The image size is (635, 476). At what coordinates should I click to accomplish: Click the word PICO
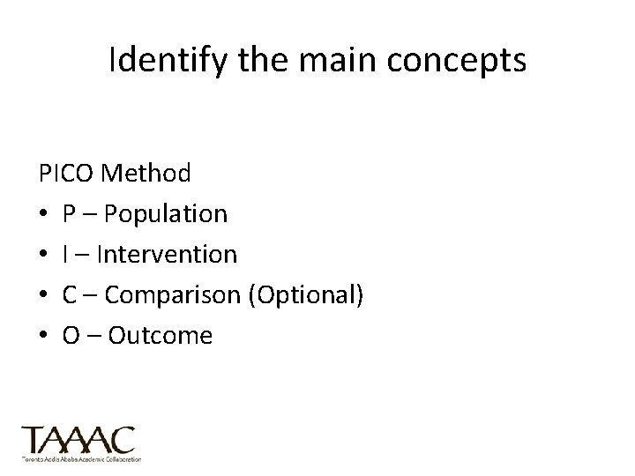point(67,173)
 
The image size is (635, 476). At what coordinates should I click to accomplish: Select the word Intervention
point(167,254)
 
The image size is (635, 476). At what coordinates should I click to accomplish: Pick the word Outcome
point(161,335)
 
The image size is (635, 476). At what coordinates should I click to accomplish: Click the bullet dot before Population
point(43,214)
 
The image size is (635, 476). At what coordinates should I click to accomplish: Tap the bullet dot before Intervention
point(43,255)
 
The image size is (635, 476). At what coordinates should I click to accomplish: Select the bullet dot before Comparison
point(43,295)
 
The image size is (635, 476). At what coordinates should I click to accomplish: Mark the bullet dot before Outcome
point(43,336)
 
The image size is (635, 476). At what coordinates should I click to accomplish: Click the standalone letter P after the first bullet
point(69,213)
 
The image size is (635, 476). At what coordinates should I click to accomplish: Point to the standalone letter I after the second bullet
point(66,254)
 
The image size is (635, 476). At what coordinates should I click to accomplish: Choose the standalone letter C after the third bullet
point(70,294)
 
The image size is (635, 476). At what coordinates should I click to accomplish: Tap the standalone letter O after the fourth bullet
point(71,335)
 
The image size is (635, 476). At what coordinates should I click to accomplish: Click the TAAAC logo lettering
point(78,440)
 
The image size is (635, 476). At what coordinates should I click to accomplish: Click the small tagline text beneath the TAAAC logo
point(80,459)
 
